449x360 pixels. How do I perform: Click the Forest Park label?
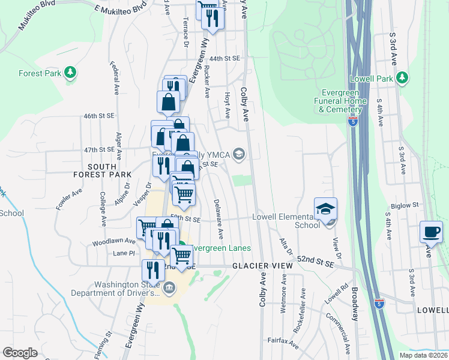tap(40, 73)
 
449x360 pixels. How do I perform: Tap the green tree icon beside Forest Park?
tap(71, 73)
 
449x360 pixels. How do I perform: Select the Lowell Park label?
tap(372, 79)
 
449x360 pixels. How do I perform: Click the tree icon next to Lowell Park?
tap(402, 78)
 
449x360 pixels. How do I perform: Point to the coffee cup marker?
tap(431, 232)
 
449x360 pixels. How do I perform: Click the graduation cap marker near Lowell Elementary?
tap(325, 209)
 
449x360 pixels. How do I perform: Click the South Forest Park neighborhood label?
tap(109, 170)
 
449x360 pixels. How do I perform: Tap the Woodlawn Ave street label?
tap(114, 241)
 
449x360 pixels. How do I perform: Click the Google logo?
tap(20, 353)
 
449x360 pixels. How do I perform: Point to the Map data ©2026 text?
tap(423, 355)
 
